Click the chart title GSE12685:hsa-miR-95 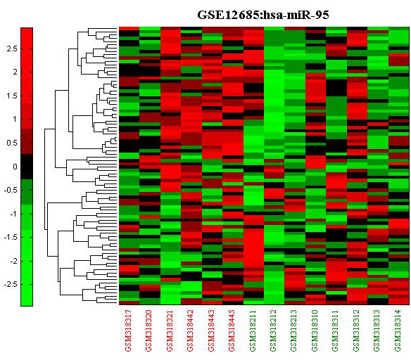263,15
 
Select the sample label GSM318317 129,330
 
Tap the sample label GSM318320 149,330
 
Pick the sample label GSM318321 170,330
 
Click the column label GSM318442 191,330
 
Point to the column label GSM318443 211,330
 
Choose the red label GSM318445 232,330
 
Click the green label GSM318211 253,330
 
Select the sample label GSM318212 273,330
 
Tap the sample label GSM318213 294,330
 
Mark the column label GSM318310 315,330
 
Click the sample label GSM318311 336,330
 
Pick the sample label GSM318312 356,330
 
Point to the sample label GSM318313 377,330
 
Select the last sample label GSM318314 398,330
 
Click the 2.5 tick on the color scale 12,49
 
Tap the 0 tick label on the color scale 15,167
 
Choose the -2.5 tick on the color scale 11,284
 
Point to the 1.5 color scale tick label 12,96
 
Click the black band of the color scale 27,167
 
